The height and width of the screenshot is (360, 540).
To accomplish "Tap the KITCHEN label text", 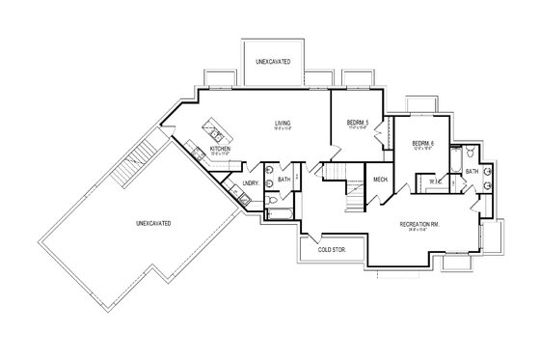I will (220, 149).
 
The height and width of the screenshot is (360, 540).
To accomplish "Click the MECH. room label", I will (380, 180).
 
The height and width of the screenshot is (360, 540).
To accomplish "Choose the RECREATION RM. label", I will (421, 225).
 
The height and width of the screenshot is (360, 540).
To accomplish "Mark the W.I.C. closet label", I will (435, 180).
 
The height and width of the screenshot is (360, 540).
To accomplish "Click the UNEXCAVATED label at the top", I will (275, 62).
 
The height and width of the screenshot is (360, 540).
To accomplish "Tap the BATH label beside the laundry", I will (283, 180).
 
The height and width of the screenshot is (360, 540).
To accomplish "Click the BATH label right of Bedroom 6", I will (472, 172).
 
